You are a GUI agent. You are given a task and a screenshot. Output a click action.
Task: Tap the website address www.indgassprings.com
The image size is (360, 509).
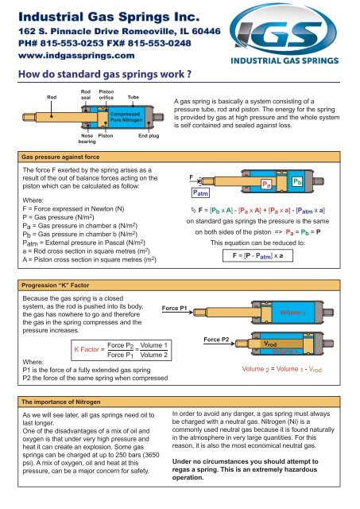point(76,56)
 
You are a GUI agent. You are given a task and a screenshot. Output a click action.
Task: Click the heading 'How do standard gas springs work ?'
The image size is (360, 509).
point(105,74)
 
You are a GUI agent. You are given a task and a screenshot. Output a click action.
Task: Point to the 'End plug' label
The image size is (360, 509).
point(149,136)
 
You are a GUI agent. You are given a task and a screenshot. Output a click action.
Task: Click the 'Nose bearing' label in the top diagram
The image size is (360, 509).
point(87,138)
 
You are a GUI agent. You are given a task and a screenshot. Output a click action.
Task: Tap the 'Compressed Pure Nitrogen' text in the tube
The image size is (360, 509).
point(126,117)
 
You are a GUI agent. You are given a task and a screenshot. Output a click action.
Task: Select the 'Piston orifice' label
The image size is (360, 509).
point(106,95)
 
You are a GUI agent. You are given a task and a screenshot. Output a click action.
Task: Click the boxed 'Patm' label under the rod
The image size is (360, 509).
point(200,192)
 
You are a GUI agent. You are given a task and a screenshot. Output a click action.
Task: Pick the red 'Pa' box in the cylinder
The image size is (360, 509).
point(266,185)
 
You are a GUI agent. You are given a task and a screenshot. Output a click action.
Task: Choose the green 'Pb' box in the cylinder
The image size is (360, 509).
point(297,182)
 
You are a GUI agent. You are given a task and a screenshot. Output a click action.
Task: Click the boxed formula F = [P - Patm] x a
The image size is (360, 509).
point(257,255)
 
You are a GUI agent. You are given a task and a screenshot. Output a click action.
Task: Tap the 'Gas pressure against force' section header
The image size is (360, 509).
point(60,157)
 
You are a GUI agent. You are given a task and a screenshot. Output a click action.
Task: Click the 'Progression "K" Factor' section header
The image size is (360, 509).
point(56,286)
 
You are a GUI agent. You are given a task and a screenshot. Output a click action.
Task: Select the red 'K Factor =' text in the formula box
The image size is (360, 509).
point(89,350)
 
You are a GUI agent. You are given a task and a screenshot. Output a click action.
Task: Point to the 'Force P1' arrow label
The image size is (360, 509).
point(175,308)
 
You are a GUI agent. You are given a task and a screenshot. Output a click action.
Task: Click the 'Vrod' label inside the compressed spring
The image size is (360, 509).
point(270,344)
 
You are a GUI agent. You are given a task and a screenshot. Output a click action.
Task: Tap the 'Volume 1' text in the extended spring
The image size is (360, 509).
point(292,313)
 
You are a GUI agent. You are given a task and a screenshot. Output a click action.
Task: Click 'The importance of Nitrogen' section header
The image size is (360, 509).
point(61,402)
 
